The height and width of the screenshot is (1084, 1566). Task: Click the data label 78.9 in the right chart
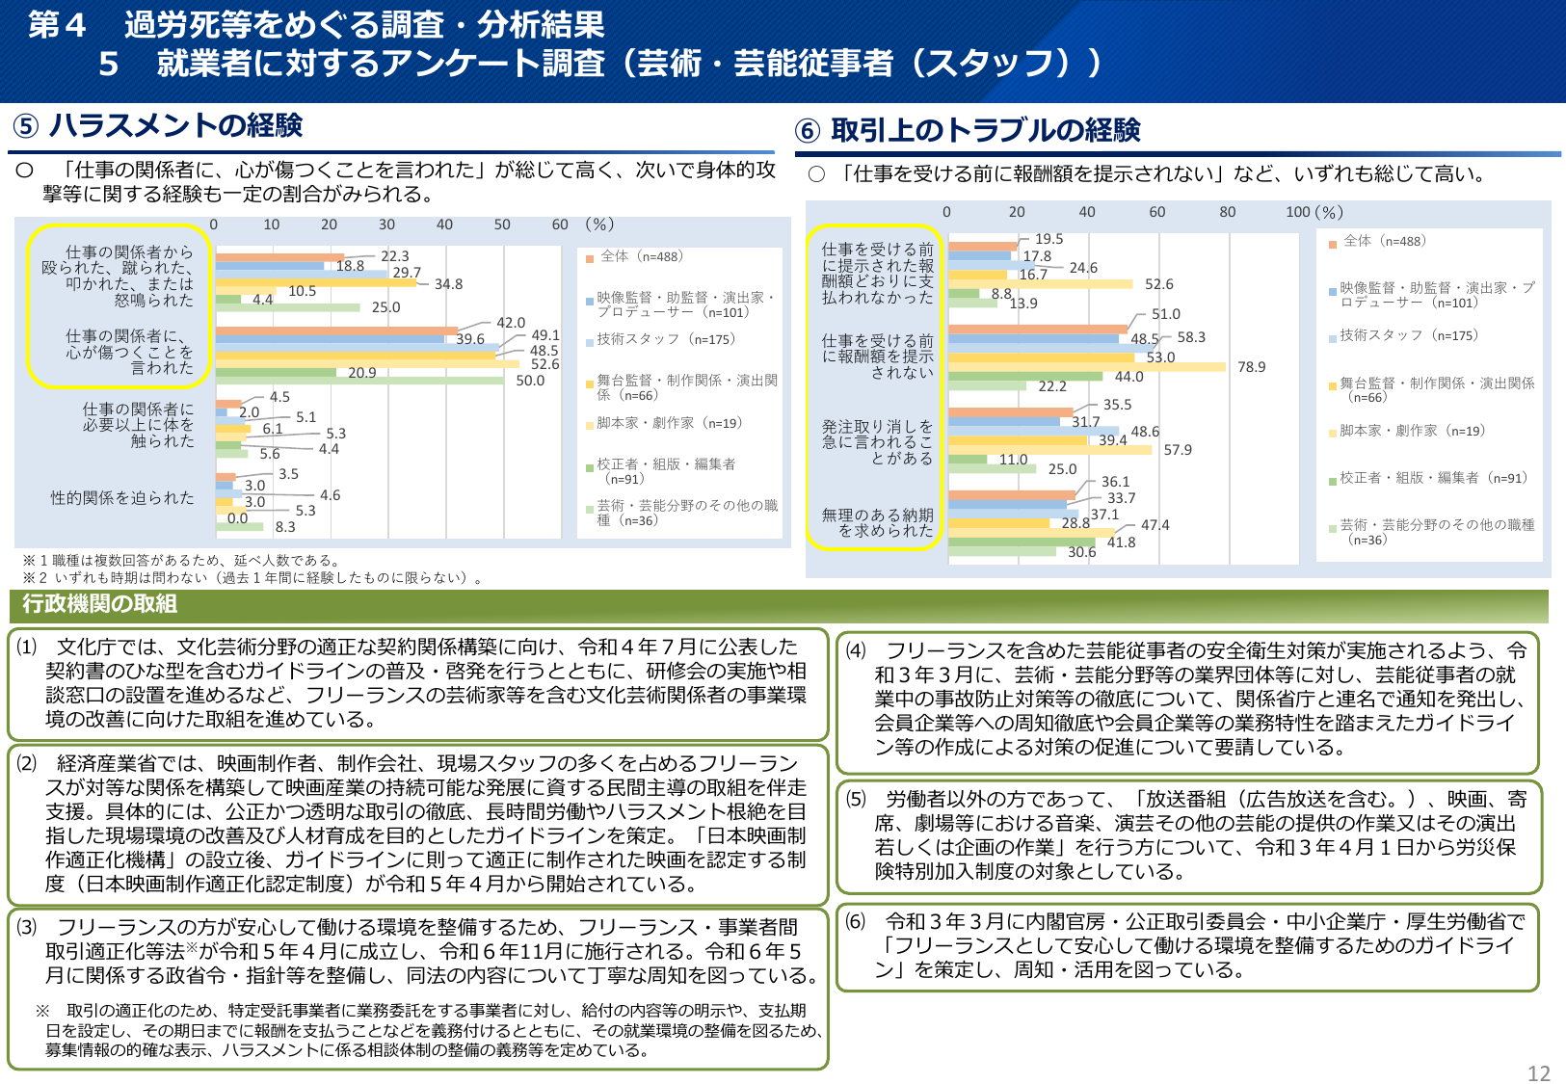[1251, 367]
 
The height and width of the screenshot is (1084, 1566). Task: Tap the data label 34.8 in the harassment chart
[448, 284]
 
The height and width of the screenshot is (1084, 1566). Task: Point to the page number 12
[1539, 1073]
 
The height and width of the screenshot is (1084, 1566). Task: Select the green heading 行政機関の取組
[100, 604]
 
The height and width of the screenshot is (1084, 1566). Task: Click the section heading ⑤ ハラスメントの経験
[158, 125]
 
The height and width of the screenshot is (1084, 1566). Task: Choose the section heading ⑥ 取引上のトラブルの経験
[969, 130]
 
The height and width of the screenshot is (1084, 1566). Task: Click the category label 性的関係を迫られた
[122, 498]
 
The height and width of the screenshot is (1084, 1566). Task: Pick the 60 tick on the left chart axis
[560, 225]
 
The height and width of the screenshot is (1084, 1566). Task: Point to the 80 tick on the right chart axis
[1227, 212]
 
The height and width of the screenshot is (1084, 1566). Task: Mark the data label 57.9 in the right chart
[1178, 450]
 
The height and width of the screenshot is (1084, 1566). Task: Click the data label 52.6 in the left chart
[544, 364]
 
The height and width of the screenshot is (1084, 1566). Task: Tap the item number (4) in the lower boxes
[856, 650]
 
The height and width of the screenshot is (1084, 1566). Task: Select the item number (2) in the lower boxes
[26, 763]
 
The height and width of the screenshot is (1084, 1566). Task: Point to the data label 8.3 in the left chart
[285, 527]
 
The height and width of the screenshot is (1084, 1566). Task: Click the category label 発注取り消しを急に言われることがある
[877, 442]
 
